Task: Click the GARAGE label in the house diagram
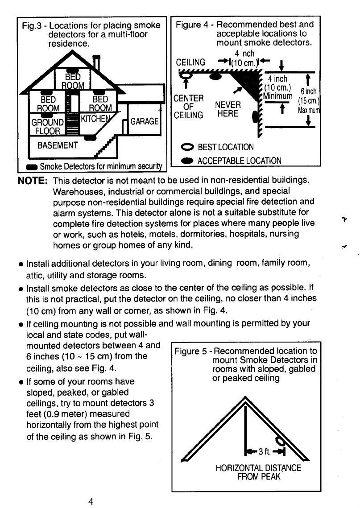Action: [x=145, y=121]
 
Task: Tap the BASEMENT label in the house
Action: [x=58, y=145]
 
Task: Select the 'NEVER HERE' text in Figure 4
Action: [x=228, y=109]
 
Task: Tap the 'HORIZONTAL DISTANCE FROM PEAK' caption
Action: [x=258, y=472]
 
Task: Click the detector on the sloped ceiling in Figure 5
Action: [x=281, y=442]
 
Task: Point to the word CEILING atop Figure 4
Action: [x=191, y=62]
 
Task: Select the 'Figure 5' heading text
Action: [x=191, y=351]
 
